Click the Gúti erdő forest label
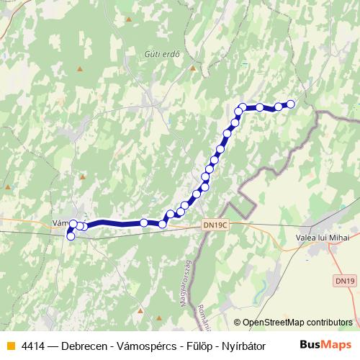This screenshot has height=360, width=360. pos(161,53)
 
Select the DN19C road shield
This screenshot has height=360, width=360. pos(215,225)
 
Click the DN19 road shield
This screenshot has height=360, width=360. pos(344,279)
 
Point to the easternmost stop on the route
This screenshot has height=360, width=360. pos(292,104)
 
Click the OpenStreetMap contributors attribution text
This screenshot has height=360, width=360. pos(297,323)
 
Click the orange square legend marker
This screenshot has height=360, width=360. pos(11,346)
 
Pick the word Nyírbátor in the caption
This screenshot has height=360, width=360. pos(242,346)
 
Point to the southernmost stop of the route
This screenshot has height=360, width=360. pos(71,236)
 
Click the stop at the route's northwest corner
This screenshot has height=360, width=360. pos(243,107)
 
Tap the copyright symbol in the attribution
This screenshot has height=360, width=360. pos(238,323)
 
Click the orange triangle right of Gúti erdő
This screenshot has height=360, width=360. pos(193,68)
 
